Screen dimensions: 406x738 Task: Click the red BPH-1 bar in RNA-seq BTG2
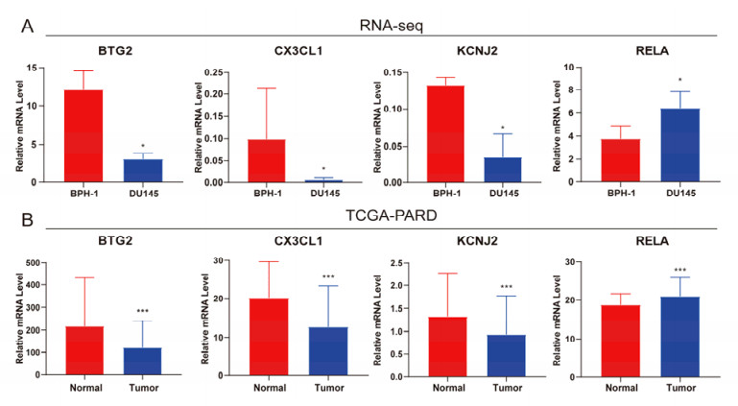coord(83,135)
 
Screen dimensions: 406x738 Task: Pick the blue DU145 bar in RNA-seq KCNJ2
coord(503,169)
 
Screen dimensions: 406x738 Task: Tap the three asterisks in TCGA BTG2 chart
coord(141,311)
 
